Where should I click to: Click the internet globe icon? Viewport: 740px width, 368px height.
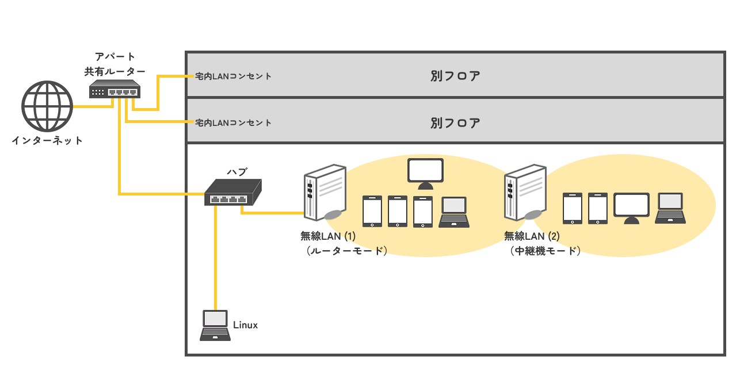pyautogui.click(x=47, y=107)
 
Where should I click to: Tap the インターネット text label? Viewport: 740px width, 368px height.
pyautogui.click(x=47, y=140)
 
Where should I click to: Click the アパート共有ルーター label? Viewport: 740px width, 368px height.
pyautogui.click(x=115, y=64)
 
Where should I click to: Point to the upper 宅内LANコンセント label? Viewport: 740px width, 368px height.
pyautogui.click(x=233, y=76)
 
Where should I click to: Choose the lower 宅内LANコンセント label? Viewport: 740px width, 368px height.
pyautogui.click(x=233, y=122)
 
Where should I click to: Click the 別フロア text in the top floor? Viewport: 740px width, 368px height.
pyautogui.click(x=455, y=76)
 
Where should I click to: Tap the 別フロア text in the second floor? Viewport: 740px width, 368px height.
pyautogui.click(x=455, y=122)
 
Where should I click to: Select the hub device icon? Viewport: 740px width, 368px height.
pyautogui.click(x=233, y=192)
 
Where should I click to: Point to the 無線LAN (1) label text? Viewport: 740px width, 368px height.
pyautogui.click(x=328, y=236)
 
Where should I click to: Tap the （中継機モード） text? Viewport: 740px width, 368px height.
pyautogui.click(x=545, y=251)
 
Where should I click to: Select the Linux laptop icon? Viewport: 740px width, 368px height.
pyautogui.click(x=214, y=325)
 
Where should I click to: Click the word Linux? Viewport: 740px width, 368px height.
pyautogui.click(x=245, y=325)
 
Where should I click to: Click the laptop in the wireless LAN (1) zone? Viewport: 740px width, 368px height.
pyautogui.click(x=454, y=212)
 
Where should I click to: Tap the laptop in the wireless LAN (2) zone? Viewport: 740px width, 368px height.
pyautogui.click(x=670, y=208)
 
